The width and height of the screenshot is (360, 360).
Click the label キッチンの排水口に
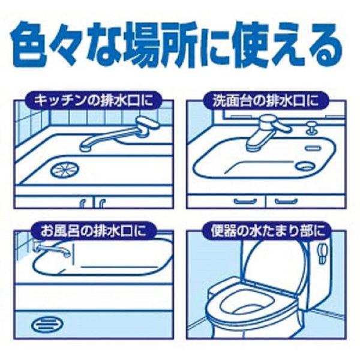tap(94, 98)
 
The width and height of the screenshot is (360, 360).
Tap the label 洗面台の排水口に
tap(266, 98)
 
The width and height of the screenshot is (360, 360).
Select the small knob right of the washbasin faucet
tap(312, 126)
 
